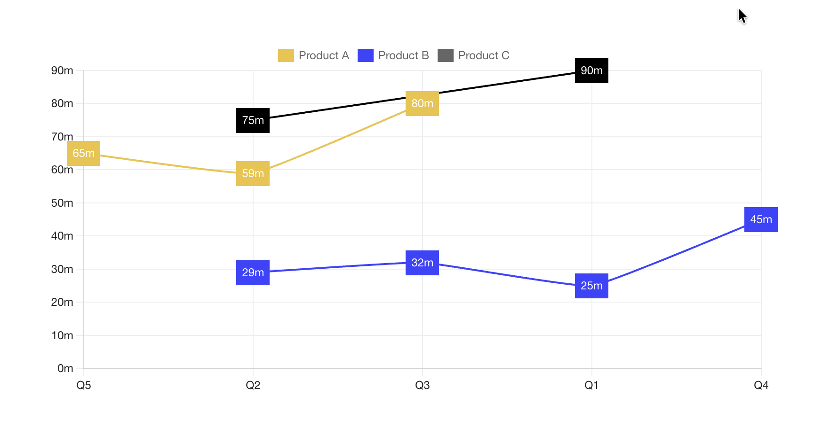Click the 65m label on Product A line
[83, 153]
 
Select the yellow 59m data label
[253, 173]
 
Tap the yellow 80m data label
[422, 103]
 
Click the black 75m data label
[253, 120]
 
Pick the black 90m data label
[591, 70]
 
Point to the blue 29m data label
[253, 272]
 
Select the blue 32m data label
[422, 263]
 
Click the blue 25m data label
[591, 286]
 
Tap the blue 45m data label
[761, 219]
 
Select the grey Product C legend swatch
[445, 55]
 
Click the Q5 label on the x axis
[84, 385]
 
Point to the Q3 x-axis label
[422, 385]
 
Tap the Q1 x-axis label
[591, 385]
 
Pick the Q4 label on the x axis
[761, 385]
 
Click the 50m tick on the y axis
[62, 203]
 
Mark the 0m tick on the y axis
[65, 368]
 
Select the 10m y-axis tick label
[62, 335]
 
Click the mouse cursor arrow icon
[742, 16]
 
